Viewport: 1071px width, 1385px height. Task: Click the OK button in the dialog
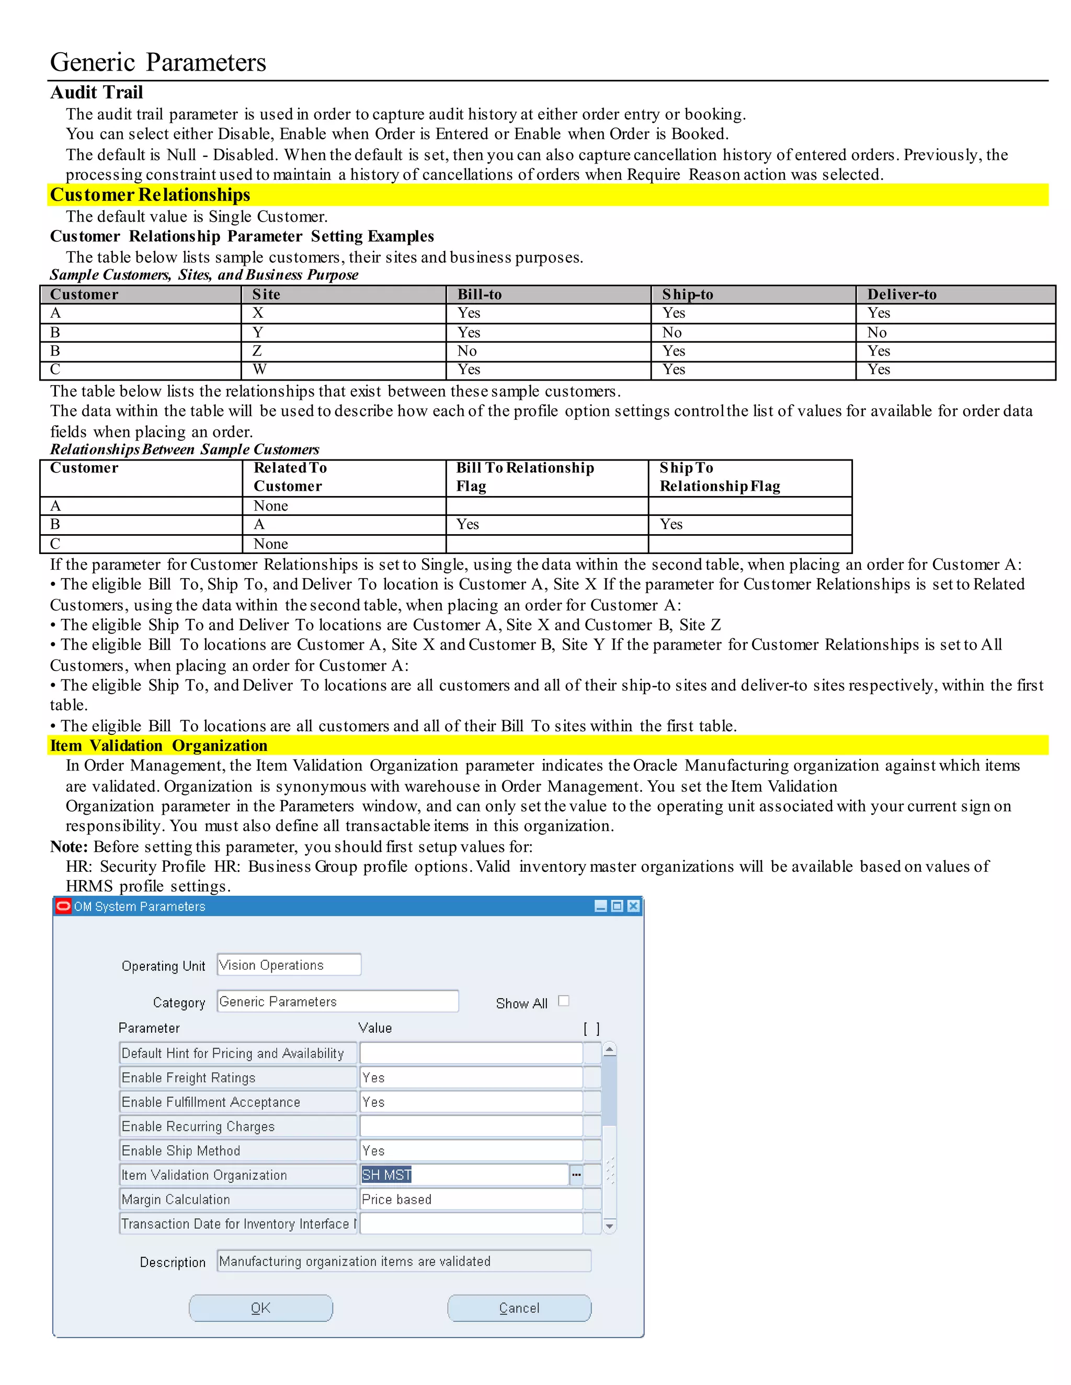pyautogui.click(x=261, y=1308)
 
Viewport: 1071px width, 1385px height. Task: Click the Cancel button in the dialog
pyautogui.click(x=519, y=1308)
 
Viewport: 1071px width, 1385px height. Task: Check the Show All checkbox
pyautogui.click(x=563, y=1001)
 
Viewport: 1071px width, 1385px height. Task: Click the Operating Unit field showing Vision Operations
pyautogui.click(x=289, y=965)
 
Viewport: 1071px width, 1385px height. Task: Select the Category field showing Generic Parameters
pyautogui.click(x=337, y=1001)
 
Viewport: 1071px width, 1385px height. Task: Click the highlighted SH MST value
pyautogui.click(x=386, y=1174)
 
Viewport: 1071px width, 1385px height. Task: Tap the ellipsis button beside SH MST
pyautogui.click(x=576, y=1174)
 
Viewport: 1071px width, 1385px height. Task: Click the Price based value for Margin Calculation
pyautogui.click(x=470, y=1199)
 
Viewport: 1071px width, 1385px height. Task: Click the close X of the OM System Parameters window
pyautogui.click(x=633, y=906)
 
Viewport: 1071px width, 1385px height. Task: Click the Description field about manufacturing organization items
pyautogui.click(x=404, y=1261)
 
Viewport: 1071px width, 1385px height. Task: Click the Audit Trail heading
pyautogui.click(x=96, y=93)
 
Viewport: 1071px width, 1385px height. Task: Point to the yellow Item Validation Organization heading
pyautogui.click(x=158, y=745)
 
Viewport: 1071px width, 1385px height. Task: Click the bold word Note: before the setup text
pyautogui.click(x=69, y=847)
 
